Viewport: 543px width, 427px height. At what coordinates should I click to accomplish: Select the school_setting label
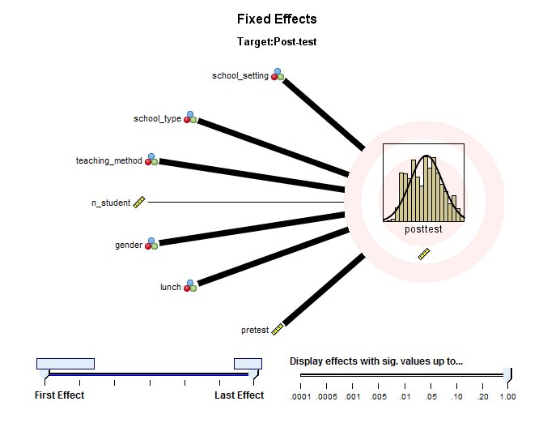(x=240, y=76)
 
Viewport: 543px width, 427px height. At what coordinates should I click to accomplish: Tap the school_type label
(x=157, y=119)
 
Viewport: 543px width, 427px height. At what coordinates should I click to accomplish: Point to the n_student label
(x=110, y=203)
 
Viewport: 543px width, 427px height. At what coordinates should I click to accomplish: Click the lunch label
(x=170, y=287)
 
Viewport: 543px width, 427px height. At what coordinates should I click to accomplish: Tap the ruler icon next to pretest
(x=278, y=329)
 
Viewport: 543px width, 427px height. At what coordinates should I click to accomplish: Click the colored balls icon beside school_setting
(x=278, y=75)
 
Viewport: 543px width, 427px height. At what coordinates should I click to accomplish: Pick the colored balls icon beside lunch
(x=190, y=286)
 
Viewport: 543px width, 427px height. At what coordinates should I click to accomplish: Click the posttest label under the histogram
(x=423, y=229)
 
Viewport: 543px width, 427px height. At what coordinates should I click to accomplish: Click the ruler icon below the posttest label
(x=423, y=254)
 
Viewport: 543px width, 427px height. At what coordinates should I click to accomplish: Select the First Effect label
(x=59, y=395)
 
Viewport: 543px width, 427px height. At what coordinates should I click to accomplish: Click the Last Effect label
(x=239, y=395)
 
